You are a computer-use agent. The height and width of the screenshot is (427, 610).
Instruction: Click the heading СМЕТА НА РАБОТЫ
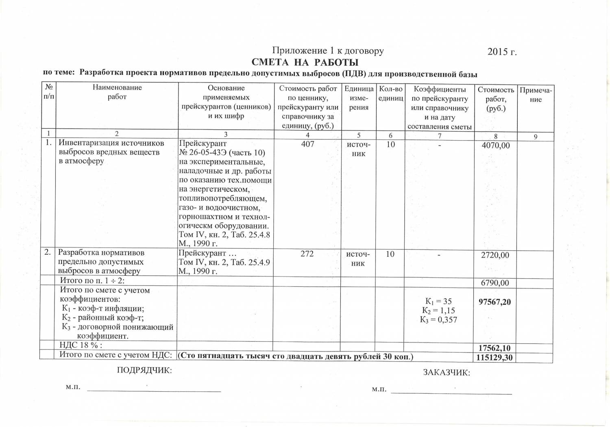pyautogui.click(x=305, y=62)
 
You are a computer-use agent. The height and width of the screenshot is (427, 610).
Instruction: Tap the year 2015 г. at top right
pyautogui.click(x=502, y=52)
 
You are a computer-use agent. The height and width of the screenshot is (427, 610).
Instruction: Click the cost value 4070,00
pyautogui.click(x=495, y=145)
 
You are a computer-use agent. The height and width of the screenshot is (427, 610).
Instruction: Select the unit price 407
pyautogui.click(x=307, y=144)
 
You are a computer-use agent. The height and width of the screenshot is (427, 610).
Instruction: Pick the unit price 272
pyautogui.click(x=307, y=254)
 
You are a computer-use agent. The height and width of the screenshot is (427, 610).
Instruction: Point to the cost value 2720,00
pyautogui.click(x=495, y=255)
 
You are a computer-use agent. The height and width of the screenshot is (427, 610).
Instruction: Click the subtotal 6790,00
pyautogui.click(x=495, y=283)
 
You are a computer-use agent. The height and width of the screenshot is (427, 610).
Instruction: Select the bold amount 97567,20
pyautogui.click(x=495, y=302)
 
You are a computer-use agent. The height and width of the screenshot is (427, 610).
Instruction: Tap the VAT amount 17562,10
pyautogui.click(x=495, y=348)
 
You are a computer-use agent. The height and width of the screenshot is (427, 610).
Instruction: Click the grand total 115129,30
pyautogui.click(x=494, y=358)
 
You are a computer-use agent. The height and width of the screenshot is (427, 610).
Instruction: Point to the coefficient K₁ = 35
pyautogui.click(x=438, y=301)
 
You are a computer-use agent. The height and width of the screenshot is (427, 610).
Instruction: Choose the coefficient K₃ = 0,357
pyautogui.click(x=438, y=320)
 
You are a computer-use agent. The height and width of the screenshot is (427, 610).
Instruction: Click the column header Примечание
pyautogui.click(x=536, y=95)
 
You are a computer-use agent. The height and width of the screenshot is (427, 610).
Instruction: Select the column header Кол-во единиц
pyautogui.click(x=390, y=93)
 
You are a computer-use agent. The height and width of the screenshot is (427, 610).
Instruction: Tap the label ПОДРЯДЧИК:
pyautogui.click(x=144, y=370)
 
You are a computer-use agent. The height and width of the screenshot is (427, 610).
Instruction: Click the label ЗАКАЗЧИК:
pyautogui.click(x=447, y=373)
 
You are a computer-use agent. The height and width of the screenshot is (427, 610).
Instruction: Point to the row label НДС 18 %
pyautogui.click(x=81, y=345)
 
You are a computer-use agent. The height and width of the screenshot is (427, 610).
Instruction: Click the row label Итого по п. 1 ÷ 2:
pyautogui.click(x=92, y=281)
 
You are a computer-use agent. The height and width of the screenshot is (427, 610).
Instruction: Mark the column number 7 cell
pyautogui.click(x=440, y=135)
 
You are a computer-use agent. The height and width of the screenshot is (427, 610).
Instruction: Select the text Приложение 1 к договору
pyautogui.click(x=328, y=51)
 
